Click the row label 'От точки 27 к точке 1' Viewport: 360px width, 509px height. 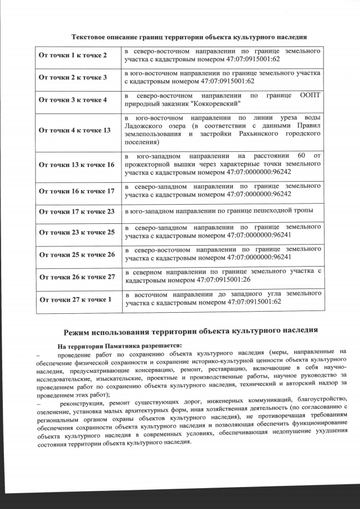(x=74, y=299)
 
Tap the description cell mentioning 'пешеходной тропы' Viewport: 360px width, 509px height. (x=223, y=211)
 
